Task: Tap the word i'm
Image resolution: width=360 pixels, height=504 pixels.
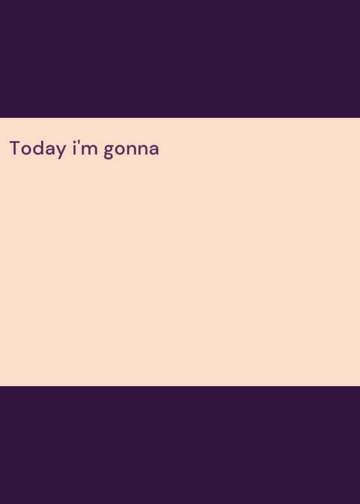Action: [85, 148]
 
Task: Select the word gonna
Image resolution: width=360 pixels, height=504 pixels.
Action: [131, 151]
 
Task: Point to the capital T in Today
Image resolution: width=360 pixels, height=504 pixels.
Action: [15, 148]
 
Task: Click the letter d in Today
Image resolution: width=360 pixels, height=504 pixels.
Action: [38, 148]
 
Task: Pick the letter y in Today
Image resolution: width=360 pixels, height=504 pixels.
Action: [61, 151]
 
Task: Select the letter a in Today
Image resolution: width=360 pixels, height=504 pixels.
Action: [50, 149]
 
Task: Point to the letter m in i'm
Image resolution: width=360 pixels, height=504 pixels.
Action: [90, 149]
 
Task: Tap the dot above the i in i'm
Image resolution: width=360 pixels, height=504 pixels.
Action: [74, 142]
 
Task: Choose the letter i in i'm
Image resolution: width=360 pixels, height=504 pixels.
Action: [74, 148]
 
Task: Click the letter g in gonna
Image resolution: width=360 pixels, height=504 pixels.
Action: [109, 151]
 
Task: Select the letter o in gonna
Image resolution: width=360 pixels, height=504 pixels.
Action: [120, 149]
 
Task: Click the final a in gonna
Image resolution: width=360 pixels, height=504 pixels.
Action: [154, 149]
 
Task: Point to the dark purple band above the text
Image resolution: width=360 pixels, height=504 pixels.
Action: [180, 59]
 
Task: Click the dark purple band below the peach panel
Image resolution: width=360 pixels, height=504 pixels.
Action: [180, 445]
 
